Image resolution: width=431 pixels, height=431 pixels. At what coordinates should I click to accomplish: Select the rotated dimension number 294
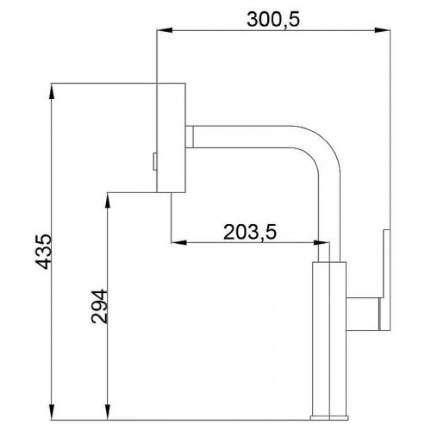tap(100, 305)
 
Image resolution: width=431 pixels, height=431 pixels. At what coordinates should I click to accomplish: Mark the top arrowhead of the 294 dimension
tap(108, 197)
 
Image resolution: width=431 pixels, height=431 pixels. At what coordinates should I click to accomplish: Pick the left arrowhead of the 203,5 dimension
tap(176, 243)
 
